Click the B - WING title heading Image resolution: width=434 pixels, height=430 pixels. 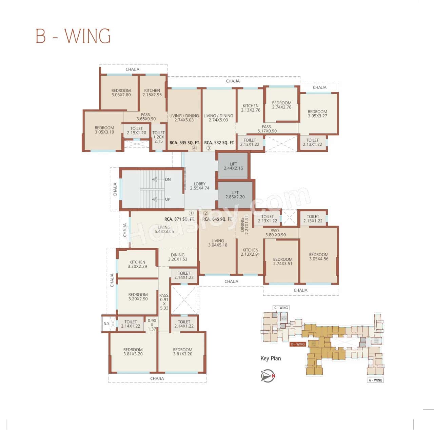(73, 36)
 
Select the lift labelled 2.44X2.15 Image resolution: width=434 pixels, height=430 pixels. (233, 166)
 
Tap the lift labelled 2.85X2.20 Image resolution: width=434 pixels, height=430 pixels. (235, 195)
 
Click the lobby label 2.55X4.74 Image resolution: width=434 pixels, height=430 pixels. (200, 186)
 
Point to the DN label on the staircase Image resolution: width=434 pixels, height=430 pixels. (168, 179)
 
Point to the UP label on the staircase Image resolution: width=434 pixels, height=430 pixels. (167, 199)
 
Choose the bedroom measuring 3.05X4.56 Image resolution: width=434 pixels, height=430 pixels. (318, 257)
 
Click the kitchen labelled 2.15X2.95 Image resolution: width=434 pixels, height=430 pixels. (152, 93)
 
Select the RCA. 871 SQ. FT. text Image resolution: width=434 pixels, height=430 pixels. (179, 219)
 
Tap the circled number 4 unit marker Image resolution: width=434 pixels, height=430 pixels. (194, 148)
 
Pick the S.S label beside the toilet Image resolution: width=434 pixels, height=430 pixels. (106, 324)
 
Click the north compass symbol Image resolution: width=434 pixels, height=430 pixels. (268, 376)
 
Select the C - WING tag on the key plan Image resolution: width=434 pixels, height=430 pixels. (281, 308)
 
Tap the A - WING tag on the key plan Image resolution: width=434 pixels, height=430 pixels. (375, 380)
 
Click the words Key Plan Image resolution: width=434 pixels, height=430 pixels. (271, 358)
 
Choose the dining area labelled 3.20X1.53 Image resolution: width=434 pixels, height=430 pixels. (178, 257)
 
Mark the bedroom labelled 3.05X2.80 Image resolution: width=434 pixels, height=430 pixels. (121, 93)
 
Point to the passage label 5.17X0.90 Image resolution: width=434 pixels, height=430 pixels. (267, 129)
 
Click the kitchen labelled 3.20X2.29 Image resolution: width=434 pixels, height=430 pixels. (137, 264)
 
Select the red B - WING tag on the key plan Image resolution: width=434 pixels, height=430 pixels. (298, 344)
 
